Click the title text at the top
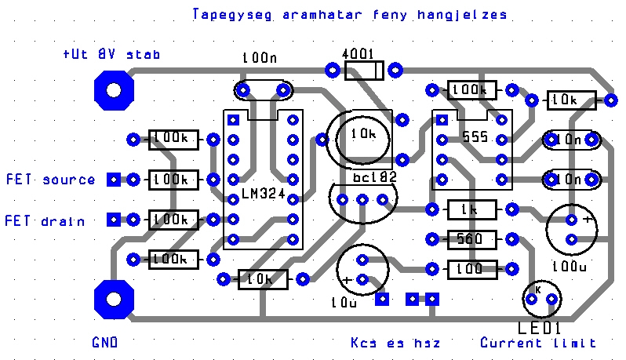point(349,15)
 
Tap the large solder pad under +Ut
point(114,89)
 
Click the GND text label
point(104,343)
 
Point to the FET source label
point(51,180)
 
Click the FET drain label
point(46,220)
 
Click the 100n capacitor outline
point(262,91)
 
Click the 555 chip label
point(475,136)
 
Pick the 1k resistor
point(471,209)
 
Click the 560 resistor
point(471,239)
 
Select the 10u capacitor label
point(344,300)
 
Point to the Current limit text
point(538,343)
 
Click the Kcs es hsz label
point(395,343)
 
